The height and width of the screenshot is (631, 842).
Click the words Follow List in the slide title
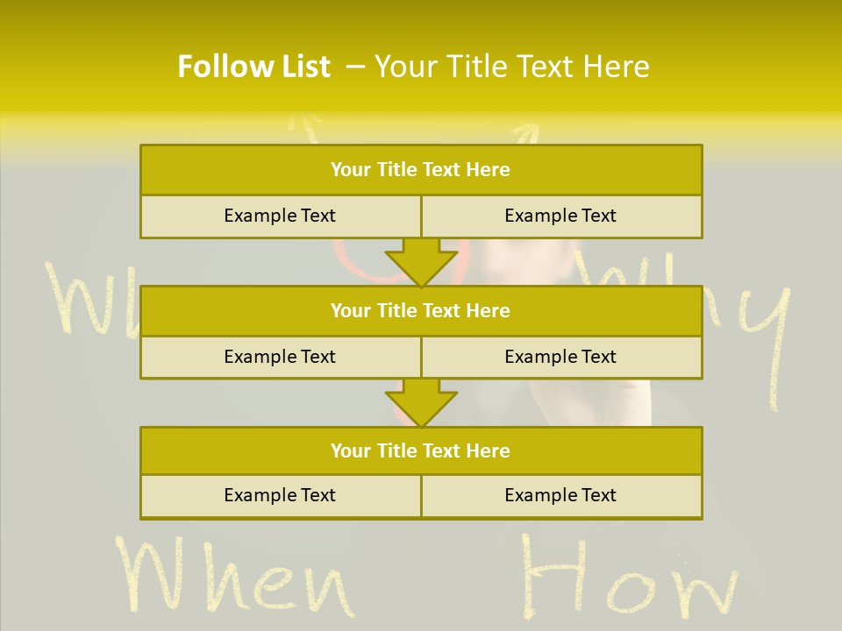click(x=253, y=67)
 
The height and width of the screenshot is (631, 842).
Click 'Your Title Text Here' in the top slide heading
click(x=511, y=67)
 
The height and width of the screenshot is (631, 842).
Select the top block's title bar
click(x=421, y=170)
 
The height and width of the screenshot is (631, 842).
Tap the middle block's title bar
click(x=421, y=310)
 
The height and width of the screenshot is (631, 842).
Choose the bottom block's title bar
click(x=421, y=450)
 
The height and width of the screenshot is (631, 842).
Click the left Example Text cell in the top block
click(x=280, y=216)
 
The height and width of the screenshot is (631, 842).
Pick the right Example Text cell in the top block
click(x=560, y=216)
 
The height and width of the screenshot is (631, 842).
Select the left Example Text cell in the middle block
click(x=280, y=357)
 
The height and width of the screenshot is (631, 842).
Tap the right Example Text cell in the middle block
click(x=560, y=357)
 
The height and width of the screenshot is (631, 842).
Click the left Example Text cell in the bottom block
click(x=280, y=495)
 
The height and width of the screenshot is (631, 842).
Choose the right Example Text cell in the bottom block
click(x=560, y=495)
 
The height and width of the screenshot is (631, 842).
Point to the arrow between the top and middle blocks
click(x=421, y=261)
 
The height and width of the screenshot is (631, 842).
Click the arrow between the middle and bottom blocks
click(x=421, y=402)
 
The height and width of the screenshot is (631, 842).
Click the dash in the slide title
click(x=355, y=67)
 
